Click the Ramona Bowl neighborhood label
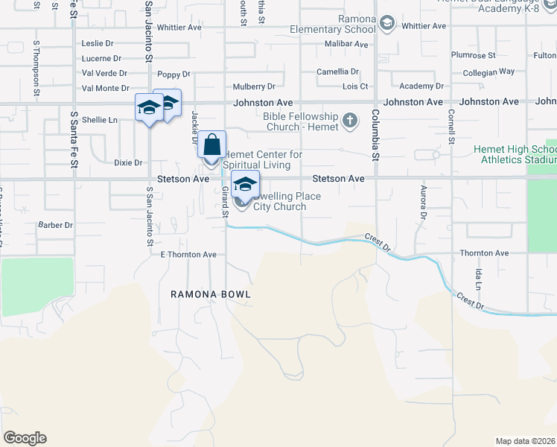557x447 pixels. click(x=210, y=294)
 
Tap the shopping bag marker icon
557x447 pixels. click(x=212, y=144)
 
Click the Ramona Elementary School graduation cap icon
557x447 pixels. click(x=386, y=24)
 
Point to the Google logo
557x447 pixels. click(x=25, y=438)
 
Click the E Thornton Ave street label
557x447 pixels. click(x=188, y=255)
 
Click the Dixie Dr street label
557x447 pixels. click(x=128, y=162)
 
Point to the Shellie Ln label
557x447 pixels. click(x=100, y=119)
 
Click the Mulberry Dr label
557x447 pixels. click(x=254, y=87)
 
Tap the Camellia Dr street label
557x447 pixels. click(x=337, y=72)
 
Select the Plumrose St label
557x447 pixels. click(x=473, y=55)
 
